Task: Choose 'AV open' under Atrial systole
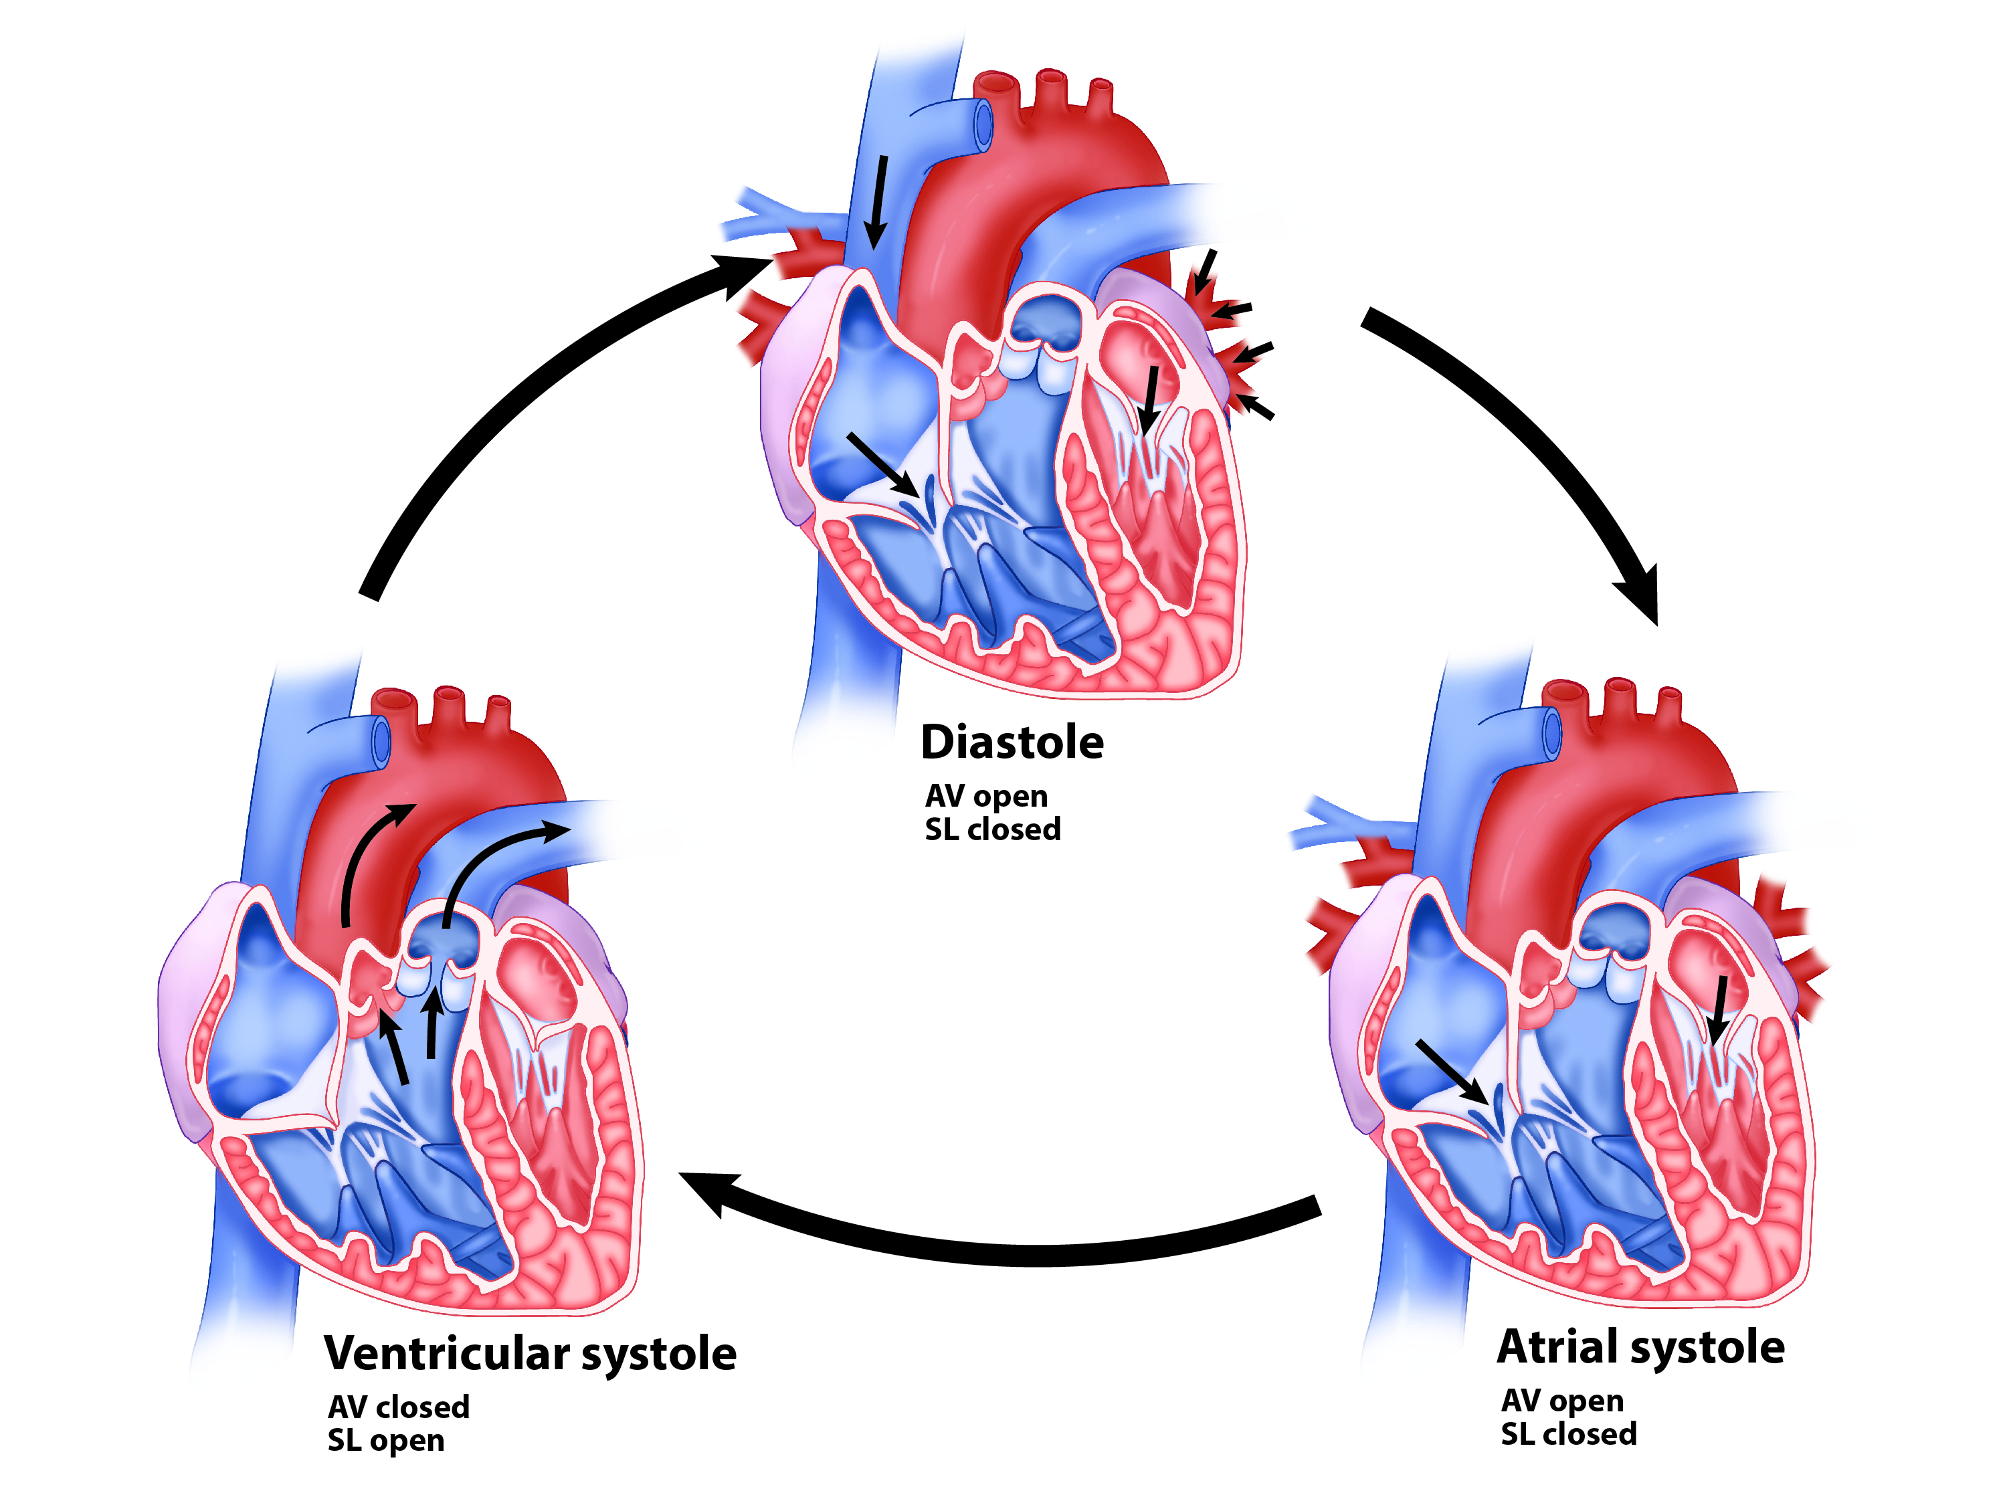point(1562,1401)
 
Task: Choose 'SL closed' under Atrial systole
point(1569,1434)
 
